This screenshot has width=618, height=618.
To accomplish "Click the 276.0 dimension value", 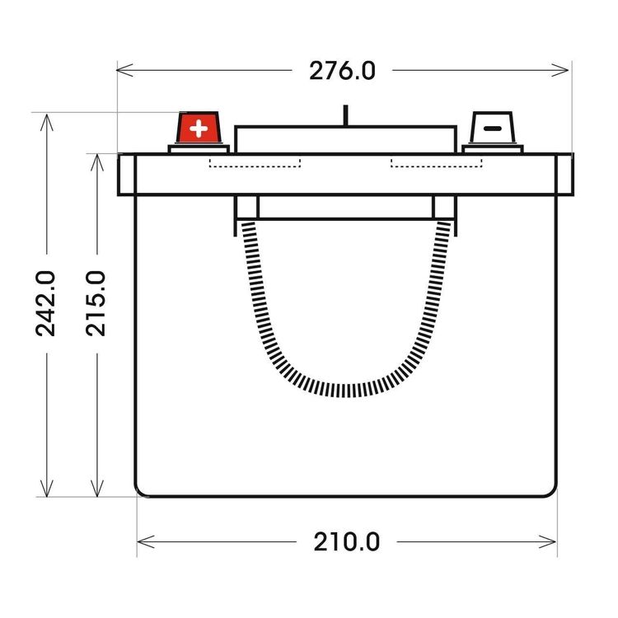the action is (x=342, y=71).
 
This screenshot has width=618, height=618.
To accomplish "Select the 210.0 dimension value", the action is (x=346, y=542).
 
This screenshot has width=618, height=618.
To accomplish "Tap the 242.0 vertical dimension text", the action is (x=45, y=303).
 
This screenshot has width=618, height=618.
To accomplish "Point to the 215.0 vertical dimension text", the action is (x=96, y=303).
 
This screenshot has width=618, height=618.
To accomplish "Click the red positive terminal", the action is (x=199, y=128).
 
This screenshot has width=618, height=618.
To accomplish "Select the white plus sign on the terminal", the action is (x=199, y=129).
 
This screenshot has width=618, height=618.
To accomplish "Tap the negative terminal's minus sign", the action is (x=493, y=129).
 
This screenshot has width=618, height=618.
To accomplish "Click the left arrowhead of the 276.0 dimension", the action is (x=124, y=70).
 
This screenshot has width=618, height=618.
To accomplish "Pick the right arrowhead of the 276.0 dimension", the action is (x=560, y=70).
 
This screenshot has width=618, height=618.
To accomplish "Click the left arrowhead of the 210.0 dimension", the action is (x=145, y=541).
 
